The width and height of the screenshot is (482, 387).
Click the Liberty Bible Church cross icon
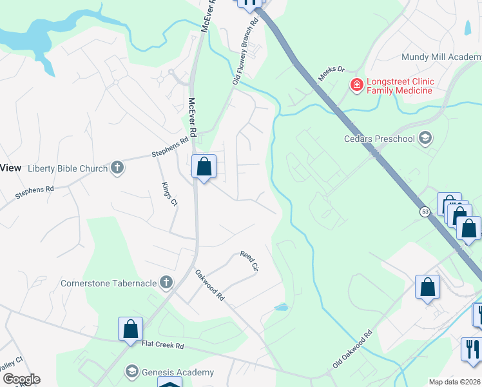pyautogui.click(x=117, y=168)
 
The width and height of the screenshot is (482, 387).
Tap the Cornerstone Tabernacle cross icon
pyautogui.click(x=166, y=283)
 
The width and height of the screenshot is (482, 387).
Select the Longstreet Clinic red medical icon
pyautogui.click(x=355, y=84)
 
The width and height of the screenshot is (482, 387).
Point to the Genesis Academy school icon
pyautogui.click(x=132, y=372)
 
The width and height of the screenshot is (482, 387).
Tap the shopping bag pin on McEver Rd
pyautogui.click(x=204, y=167)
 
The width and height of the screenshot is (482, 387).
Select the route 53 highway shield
pyautogui.click(x=425, y=211)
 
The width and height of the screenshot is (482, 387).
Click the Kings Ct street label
pyautogui.click(x=169, y=193)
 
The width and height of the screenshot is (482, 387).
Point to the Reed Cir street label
pyautogui.click(x=249, y=261)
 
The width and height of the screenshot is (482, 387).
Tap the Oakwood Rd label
pyautogui.click(x=209, y=285)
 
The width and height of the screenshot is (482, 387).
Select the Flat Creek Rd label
pyautogui.click(x=163, y=346)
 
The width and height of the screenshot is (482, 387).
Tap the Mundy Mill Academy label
pyautogui.click(x=441, y=57)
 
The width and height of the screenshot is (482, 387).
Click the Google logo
pyautogui.click(x=21, y=379)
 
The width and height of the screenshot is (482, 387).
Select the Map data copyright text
pyautogui.click(x=455, y=382)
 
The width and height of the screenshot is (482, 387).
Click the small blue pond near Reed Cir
pyautogui.click(x=280, y=307)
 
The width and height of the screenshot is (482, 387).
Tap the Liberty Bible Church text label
pyautogui.click(x=68, y=169)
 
